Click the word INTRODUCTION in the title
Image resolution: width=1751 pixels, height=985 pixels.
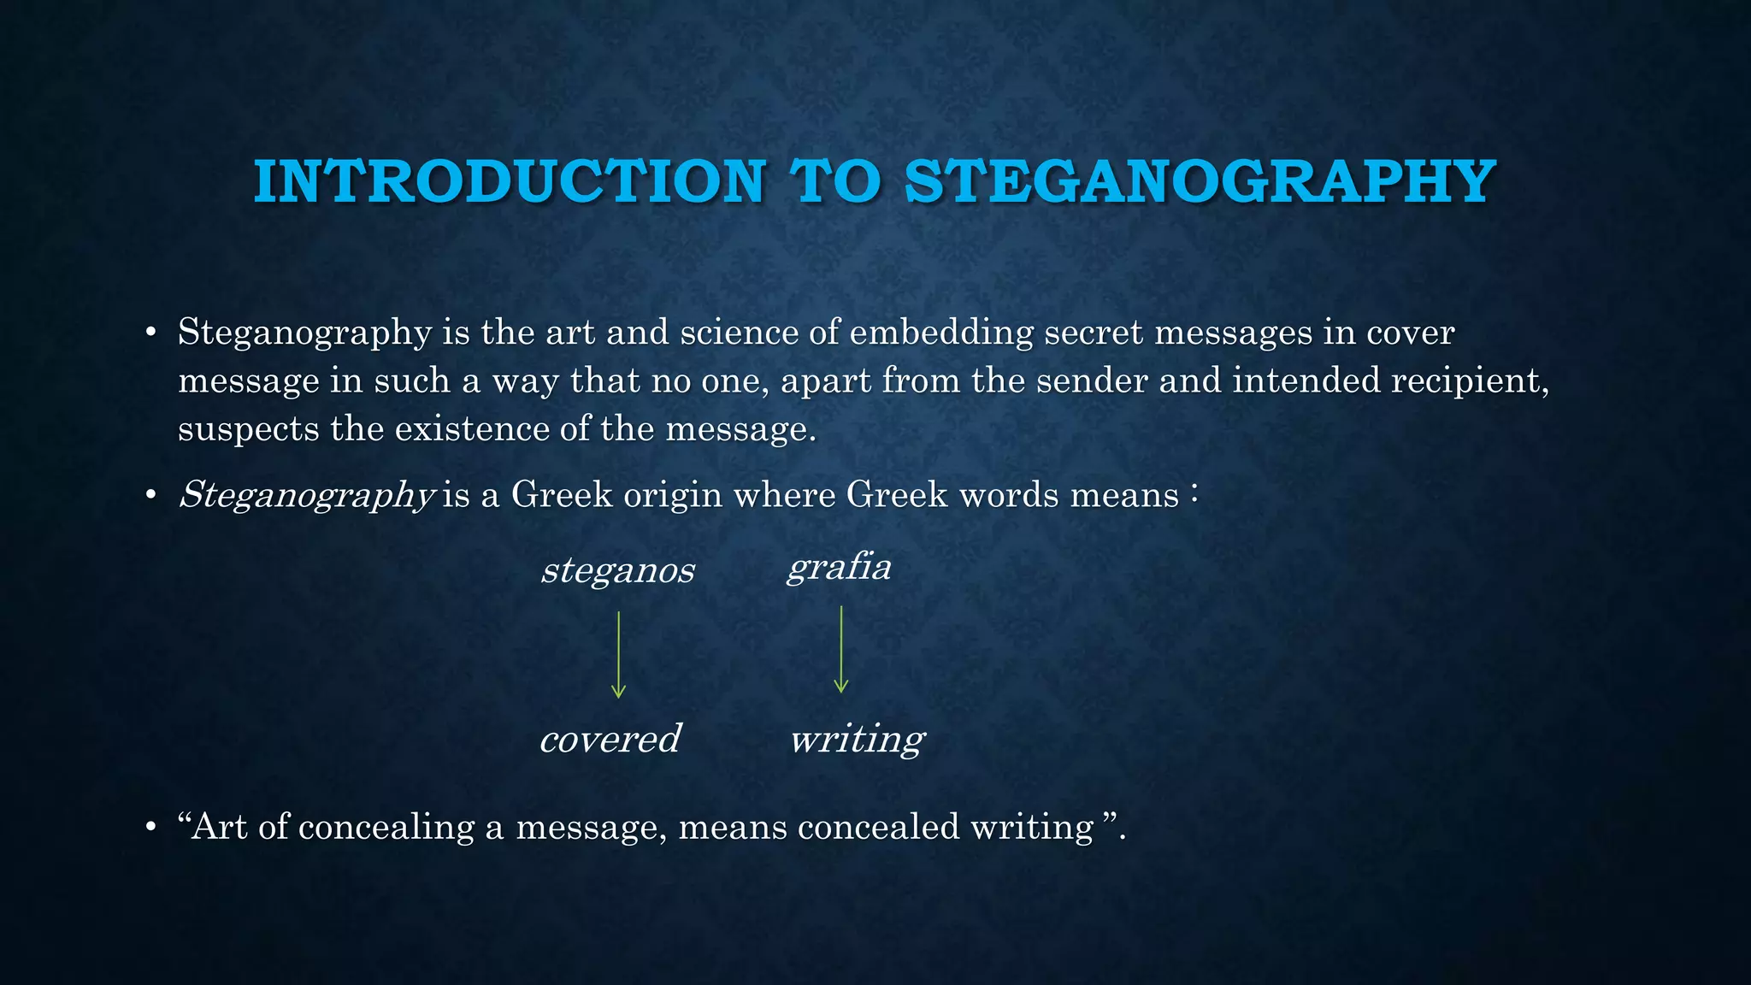(509, 181)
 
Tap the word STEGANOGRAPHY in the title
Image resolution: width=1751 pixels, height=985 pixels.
(1200, 181)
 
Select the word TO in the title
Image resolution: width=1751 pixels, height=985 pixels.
(834, 181)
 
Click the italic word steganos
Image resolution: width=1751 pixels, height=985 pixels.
(617, 570)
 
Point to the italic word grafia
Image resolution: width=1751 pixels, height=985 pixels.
(839, 568)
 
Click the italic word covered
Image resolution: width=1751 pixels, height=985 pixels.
(610, 739)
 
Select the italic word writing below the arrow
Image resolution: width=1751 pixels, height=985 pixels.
(857, 739)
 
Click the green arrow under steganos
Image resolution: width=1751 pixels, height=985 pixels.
(618, 654)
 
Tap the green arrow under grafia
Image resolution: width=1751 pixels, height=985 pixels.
(841, 649)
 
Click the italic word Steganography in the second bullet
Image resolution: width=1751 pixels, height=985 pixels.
(307, 495)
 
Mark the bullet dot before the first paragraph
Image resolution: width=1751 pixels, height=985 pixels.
(150, 333)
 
